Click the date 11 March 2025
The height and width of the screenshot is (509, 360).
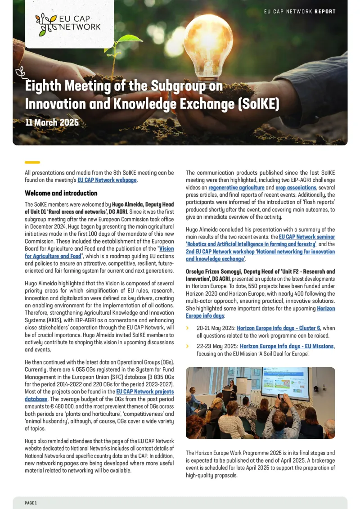coord(52,122)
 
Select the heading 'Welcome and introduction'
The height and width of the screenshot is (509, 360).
coord(61,193)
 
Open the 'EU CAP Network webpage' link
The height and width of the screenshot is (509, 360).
coord(107,180)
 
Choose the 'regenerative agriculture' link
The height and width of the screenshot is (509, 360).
coord(236,187)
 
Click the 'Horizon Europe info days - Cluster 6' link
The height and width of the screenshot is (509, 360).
coord(279,328)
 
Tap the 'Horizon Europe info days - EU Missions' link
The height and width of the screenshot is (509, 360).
coord(287,346)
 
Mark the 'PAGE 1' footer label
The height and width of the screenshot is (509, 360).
coord(31,503)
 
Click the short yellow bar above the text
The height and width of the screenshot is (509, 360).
coord(32,162)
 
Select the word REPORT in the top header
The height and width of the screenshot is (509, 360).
coord(325,11)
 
